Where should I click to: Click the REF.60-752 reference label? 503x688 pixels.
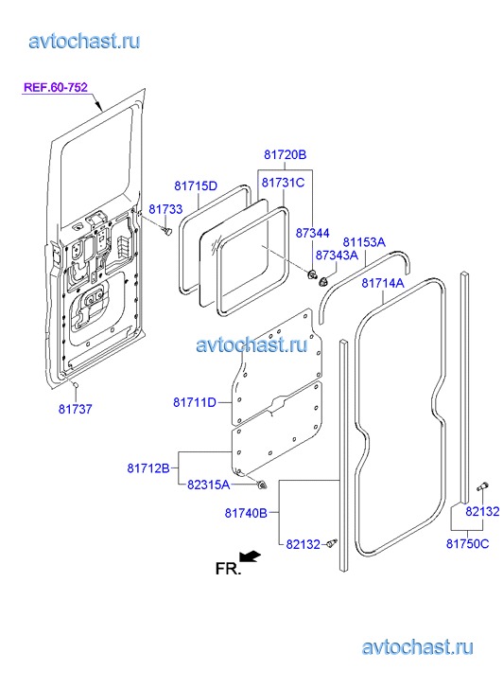56,87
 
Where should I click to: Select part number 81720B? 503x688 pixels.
285,154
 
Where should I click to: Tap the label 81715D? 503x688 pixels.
196,185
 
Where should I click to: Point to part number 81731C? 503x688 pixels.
283,182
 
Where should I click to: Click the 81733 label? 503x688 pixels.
165,209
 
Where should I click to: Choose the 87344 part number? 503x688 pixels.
312,233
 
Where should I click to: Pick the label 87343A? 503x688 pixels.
337,255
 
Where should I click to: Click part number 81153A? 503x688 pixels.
364,241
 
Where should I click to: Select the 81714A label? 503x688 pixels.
383,283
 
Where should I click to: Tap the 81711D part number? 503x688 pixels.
195,402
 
